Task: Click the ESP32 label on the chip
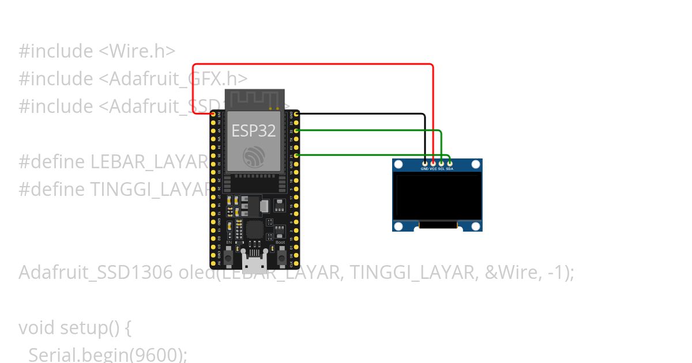click(254, 131)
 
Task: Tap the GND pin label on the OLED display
click(424, 169)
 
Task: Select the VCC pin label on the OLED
click(433, 169)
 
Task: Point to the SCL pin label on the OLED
click(441, 169)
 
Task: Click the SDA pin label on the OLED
click(449, 169)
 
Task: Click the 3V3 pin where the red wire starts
click(213, 114)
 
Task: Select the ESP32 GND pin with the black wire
click(296, 114)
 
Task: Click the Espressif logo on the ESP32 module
click(254, 156)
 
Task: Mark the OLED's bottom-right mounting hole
click(475, 225)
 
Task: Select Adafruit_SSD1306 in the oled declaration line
click(95, 272)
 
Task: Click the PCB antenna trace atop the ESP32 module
click(254, 98)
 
